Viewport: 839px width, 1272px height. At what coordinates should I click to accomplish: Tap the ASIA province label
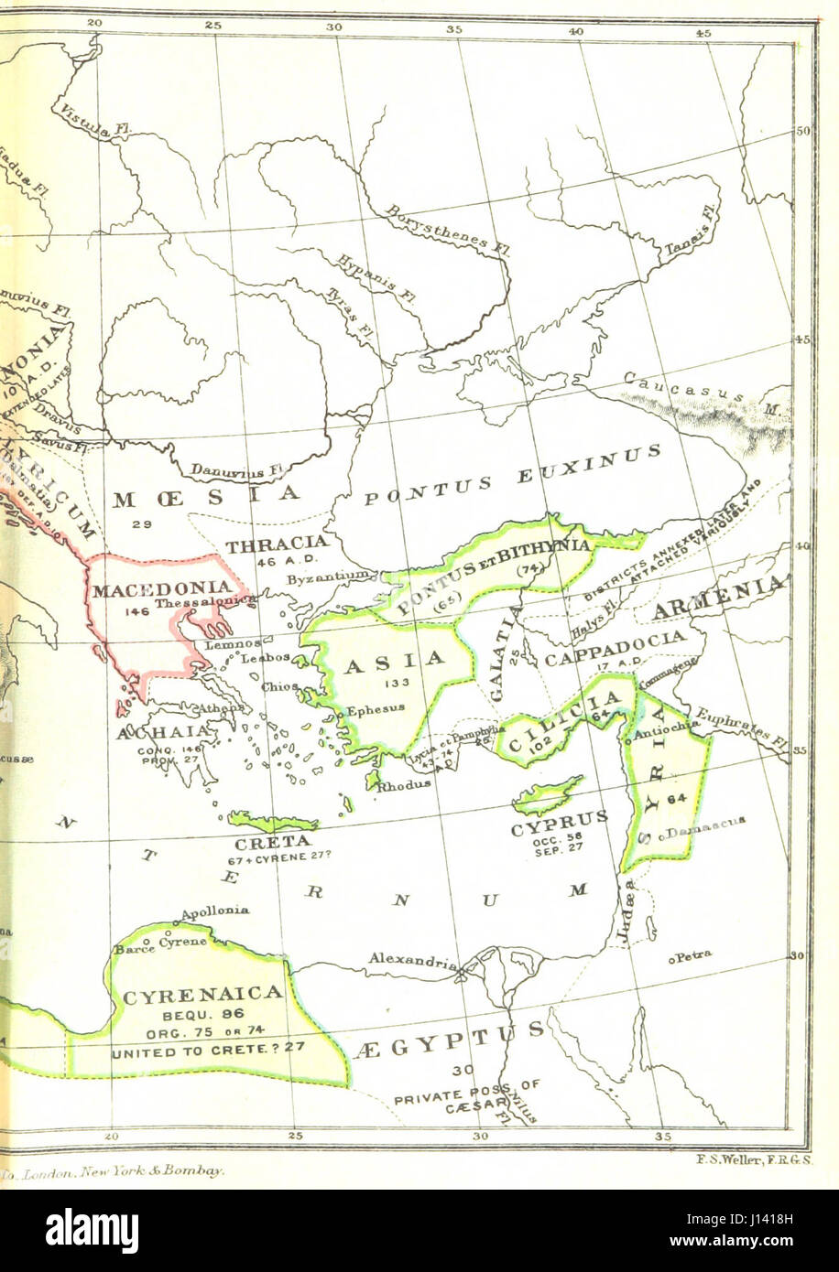click(x=394, y=659)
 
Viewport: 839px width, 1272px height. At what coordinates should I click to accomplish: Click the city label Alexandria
click(x=412, y=960)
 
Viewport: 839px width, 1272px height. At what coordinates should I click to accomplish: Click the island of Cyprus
click(x=548, y=794)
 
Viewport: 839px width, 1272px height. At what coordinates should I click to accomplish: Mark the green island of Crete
click(x=271, y=821)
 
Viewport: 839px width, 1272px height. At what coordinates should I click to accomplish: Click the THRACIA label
click(x=277, y=544)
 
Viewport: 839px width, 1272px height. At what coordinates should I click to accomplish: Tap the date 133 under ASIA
click(x=393, y=684)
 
